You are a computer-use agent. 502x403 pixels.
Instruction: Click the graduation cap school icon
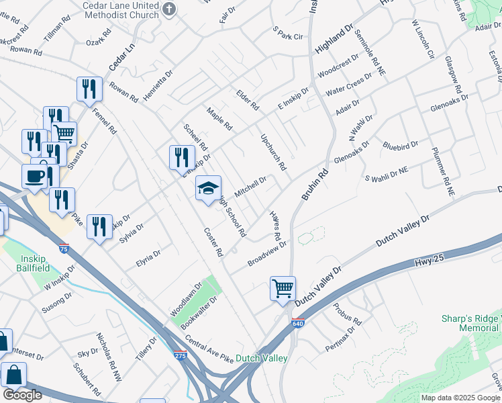[x=208, y=187]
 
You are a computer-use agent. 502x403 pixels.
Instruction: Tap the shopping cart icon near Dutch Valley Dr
[x=283, y=289]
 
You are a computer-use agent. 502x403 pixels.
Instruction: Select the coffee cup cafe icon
[x=34, y=177]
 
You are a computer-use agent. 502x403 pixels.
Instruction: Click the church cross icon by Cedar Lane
[x=169, y=9]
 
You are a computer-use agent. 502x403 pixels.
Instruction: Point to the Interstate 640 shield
[x=298, y=323]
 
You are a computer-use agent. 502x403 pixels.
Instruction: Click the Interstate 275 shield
[x=180, y=355]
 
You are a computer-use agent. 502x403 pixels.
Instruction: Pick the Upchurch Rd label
[x=273, y=151]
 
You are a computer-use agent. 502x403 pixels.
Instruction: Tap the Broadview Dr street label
[x=266, y=254]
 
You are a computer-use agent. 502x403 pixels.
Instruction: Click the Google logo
[x=22, y=395]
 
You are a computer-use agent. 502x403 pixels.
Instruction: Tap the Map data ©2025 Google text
[x=460, y=398]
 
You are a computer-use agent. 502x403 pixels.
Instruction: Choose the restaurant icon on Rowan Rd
[x=89, y=89]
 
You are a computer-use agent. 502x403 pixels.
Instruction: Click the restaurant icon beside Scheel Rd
[x=182, y=157]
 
